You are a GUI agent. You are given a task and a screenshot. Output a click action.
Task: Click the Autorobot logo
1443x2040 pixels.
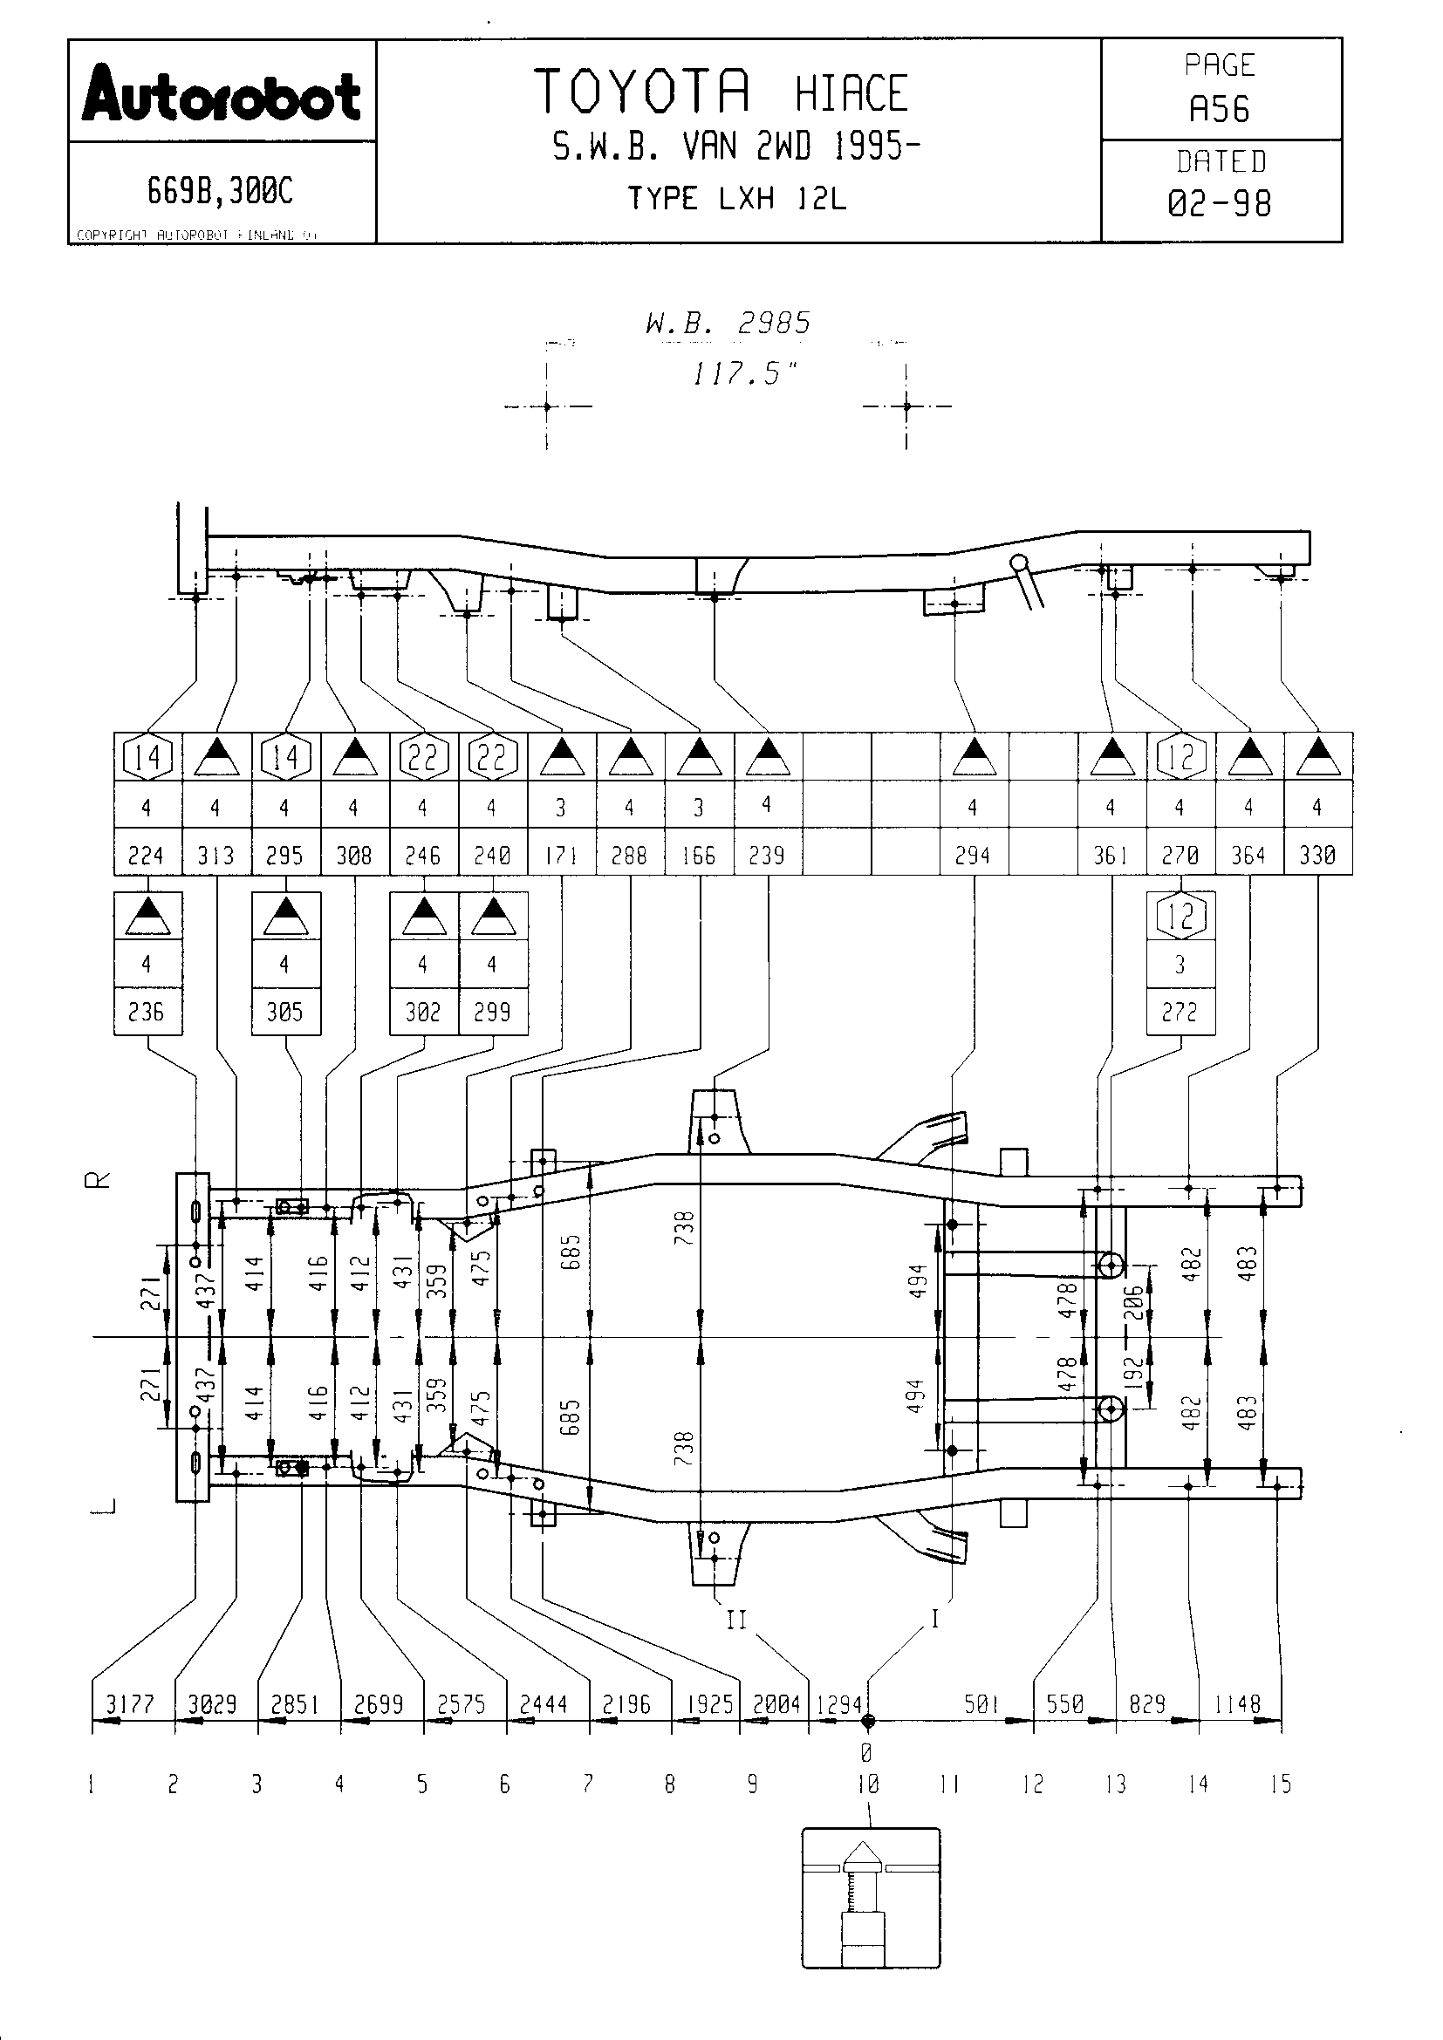pos(222,92)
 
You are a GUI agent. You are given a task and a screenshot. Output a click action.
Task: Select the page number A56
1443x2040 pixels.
pos(1219,109)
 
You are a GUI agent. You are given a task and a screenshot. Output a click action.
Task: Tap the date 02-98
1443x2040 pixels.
pos(1219,203)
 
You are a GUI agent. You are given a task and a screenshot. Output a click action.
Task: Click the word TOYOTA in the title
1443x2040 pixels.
pos(642,92)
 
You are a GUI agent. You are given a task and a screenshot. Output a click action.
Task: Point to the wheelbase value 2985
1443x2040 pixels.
pos(773,324)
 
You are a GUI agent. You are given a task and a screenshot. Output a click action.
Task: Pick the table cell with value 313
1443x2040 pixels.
pos(215,855)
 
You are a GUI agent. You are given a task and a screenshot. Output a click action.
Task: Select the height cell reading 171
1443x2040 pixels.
pos(561,855)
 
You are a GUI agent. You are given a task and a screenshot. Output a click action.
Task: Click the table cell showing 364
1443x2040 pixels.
pos(1248,855)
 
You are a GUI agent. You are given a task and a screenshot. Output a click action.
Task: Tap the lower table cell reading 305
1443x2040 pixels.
pos(284,1012)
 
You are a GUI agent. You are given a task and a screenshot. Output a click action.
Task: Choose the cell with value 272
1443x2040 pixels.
pos(1180,1012)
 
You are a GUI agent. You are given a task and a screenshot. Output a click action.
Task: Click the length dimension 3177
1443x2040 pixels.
pos(131,1704)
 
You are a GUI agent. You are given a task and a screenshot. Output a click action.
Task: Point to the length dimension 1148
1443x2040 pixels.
pos(1238,1704)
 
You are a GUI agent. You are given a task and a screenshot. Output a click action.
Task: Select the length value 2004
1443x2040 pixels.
pos(776,1704)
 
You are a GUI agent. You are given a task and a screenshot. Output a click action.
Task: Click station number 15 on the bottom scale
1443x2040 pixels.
pos(1281,1784)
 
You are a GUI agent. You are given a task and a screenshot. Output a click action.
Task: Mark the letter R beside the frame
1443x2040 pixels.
pos(103,1180)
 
